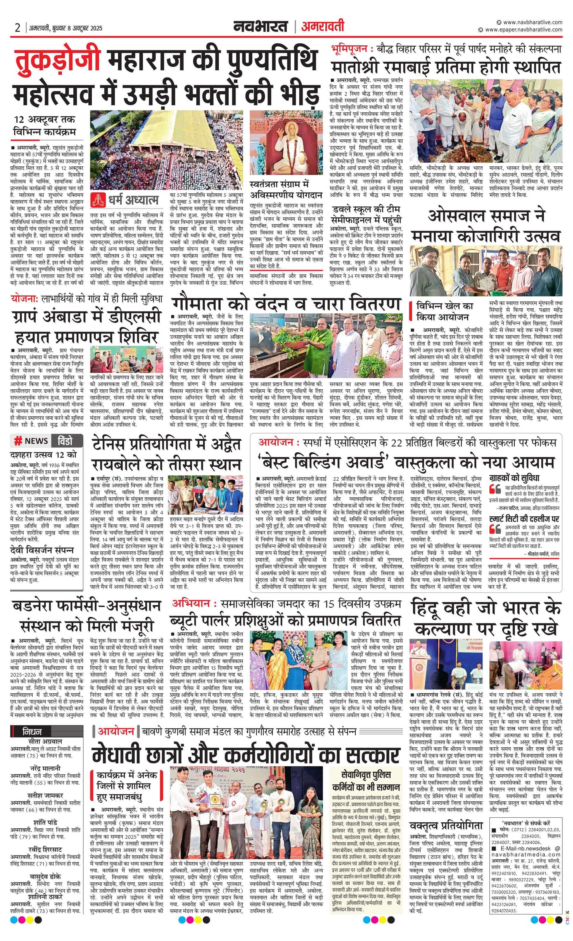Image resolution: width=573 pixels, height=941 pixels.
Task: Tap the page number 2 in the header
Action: [17, 28]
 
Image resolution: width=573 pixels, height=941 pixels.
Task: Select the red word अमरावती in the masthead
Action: [322, 27]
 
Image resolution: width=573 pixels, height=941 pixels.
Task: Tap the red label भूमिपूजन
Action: [350, 49]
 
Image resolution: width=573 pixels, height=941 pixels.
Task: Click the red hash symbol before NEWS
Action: [18, 441]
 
